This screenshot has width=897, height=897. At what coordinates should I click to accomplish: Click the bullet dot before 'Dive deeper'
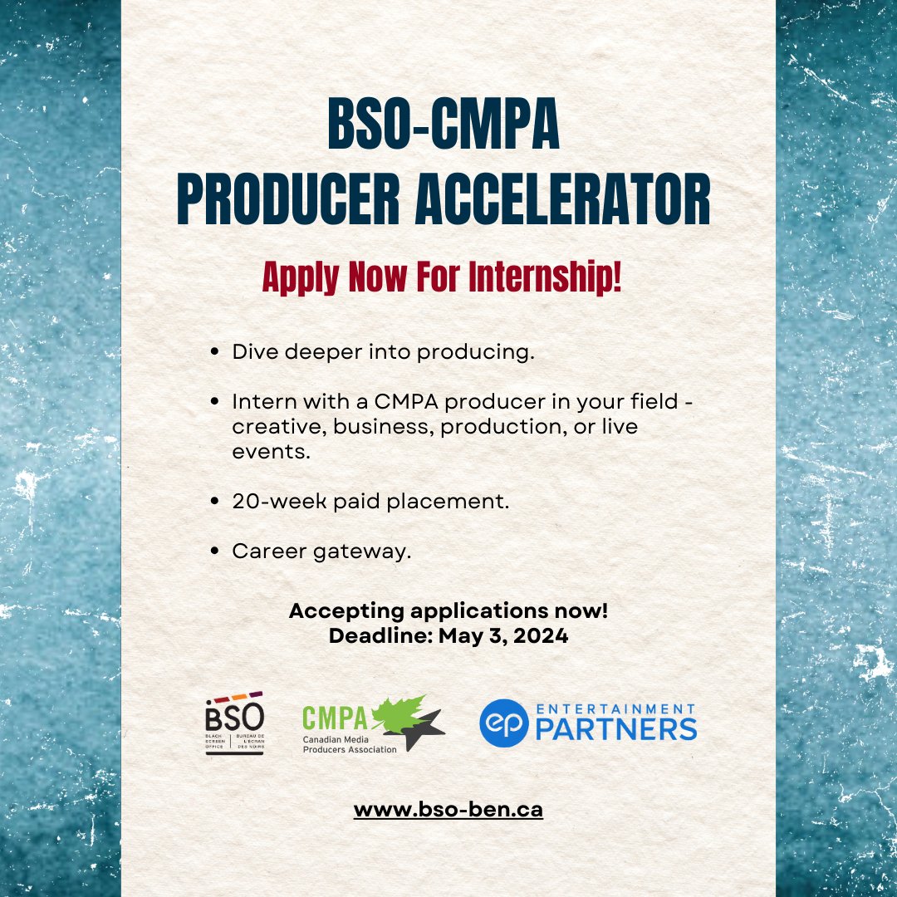click(216, 352)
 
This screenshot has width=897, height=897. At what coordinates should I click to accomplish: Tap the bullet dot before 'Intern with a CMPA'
click(216, 402)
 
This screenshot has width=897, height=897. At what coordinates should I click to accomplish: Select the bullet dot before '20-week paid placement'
click(216, 502)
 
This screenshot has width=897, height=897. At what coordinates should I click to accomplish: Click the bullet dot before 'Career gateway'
click(216, 551)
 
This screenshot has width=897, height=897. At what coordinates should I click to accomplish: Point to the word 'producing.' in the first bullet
click(475, 353)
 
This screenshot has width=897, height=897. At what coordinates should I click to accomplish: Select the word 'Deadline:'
click(375, 636)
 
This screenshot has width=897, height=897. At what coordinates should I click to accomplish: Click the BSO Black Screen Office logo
click(234, 725)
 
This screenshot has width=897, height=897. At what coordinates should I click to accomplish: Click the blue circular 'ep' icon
click(506, 725)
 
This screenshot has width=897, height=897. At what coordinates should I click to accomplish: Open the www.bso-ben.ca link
click(448, 809)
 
